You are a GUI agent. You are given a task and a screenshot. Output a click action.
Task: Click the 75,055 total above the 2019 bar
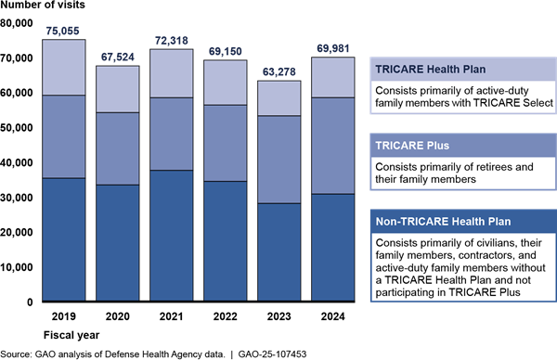(62, 32)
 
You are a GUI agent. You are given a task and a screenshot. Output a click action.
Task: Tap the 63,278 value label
(278, 72)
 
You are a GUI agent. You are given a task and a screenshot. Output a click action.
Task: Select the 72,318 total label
(171, 41)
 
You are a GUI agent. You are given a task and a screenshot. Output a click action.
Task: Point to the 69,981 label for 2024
(333, 48)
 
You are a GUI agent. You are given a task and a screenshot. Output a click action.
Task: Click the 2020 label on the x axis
(118, 316)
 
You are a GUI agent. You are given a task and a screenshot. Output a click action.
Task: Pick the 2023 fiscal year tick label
(278, 316)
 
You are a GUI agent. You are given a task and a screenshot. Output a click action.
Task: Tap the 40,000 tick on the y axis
(17, 163)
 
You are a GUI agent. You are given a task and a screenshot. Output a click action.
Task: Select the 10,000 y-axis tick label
(17, 267)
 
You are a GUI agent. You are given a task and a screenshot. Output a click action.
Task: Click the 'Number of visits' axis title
(43, 5)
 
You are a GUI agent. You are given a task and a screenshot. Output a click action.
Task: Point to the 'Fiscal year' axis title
(71, 335)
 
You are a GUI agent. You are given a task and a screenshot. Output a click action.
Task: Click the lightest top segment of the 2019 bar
(64, 67)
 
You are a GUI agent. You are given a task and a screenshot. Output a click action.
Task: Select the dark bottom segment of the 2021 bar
(172, 236)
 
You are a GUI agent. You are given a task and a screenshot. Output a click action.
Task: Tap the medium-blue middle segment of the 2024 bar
(333, 146)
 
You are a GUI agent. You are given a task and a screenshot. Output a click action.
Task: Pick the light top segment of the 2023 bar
(279, 98)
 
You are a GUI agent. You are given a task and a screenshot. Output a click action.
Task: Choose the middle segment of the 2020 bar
(118, 148)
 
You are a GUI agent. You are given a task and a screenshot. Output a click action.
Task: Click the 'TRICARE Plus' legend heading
(412, 146)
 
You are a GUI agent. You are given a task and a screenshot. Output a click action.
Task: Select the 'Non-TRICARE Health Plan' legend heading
(443, 222)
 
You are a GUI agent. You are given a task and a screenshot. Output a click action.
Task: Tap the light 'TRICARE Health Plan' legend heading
(430, 70)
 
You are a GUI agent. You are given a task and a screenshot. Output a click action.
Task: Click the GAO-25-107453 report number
(272, 354)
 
